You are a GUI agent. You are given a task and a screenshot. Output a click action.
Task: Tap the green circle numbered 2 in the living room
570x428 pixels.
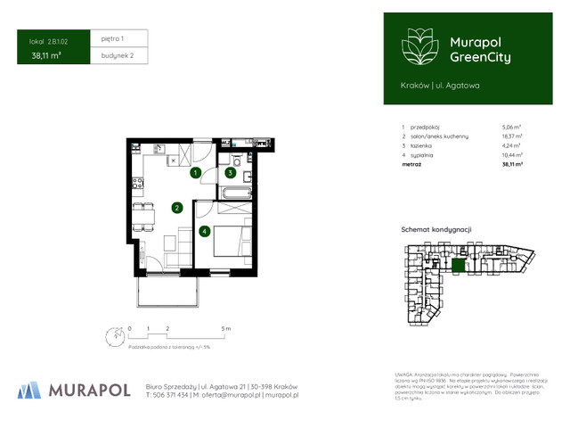click(x=177, y=209)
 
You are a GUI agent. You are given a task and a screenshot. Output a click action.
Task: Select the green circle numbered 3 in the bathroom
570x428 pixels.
click(x=231, y=173)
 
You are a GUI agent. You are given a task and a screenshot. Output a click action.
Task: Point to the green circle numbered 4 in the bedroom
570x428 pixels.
click(x=205, y=232)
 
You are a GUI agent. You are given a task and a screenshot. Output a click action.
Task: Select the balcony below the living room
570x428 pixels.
click(x=167, y=290)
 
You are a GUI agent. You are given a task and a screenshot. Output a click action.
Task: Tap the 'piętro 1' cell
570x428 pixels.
click(x=114, y=39)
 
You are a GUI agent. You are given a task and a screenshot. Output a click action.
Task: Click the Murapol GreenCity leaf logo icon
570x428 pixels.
click(x=416, y=46)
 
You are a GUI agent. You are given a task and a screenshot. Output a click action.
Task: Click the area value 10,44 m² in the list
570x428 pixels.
click(x=511, y=154)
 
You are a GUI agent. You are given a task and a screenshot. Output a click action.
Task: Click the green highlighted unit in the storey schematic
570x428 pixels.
click(x=458, y=266)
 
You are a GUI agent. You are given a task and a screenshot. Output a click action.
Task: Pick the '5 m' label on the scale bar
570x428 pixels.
click(x=227, y=329)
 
